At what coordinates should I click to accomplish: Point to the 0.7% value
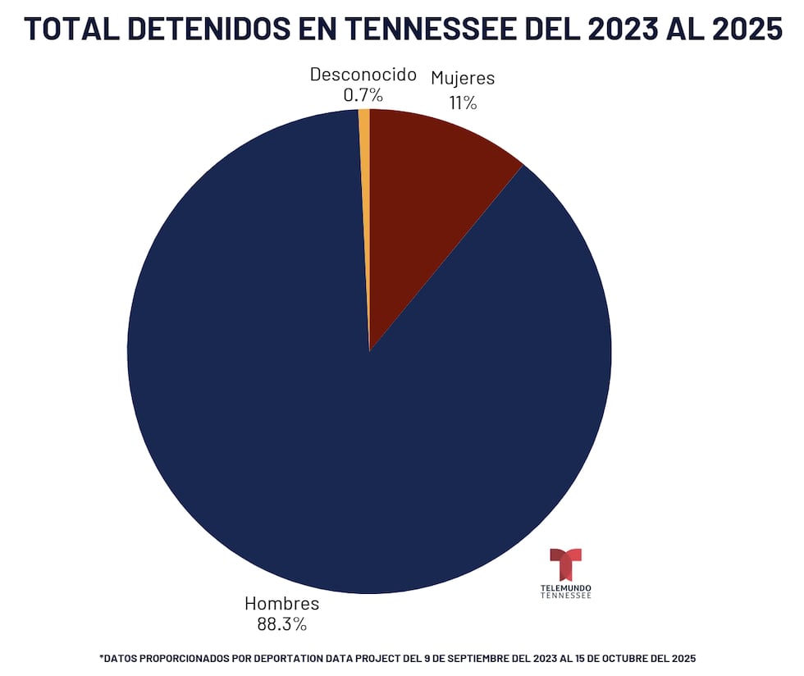pos(363,95)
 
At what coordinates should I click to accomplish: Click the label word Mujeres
pos(463,79)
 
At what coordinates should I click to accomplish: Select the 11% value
pos(463,103)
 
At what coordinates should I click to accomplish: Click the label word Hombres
pos(281,604)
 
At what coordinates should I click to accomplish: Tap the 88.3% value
pos(281,624)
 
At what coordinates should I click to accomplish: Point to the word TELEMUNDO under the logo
pos(565,588)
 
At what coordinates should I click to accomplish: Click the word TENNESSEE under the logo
pos(565,596)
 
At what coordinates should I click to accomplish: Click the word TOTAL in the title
pos(71,29)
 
